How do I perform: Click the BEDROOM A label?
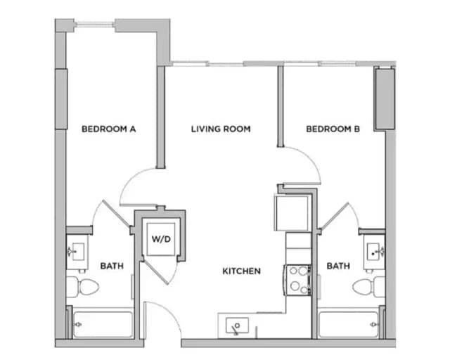[x=108, y=129]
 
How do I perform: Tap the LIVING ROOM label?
[x=221, y=129]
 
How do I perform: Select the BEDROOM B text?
[x=333, y=129]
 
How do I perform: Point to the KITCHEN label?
[x=242, y=271]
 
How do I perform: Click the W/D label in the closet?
[x=161, y=239]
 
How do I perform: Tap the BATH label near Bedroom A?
[x=112, y=266]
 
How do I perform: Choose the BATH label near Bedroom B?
[x=339, y=266]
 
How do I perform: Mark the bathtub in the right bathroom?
[x=348, y=324]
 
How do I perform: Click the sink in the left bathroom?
[x=77, y=251]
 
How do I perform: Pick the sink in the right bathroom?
[x=373, y=251]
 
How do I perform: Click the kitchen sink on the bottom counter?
[x=237, y=326]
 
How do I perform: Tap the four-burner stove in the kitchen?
[x=297, y=278]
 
